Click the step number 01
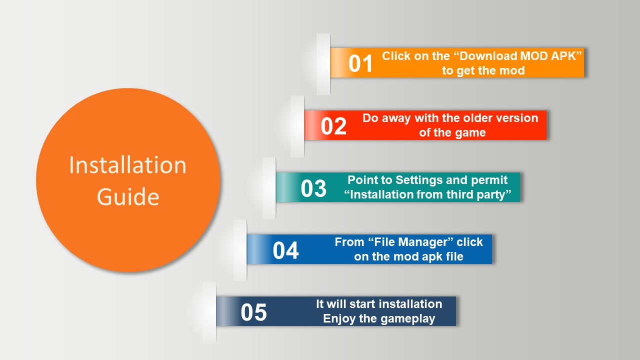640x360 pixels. [360, 63]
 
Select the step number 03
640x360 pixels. [313, 188]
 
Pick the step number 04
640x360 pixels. [285, 250]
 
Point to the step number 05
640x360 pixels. [253, 312]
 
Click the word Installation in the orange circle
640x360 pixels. [127, 165]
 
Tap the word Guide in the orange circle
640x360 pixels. [128, 196]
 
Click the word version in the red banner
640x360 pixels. [518, 118]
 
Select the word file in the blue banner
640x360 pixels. [454, 256]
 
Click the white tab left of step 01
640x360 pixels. [323, 64]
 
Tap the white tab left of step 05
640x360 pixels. [209, 312]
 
